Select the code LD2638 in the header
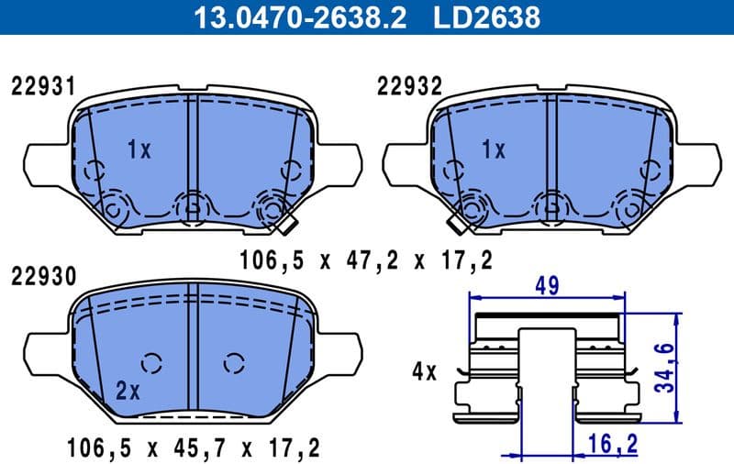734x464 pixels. pyautogui.click(x=488, y=17)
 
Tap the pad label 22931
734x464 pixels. pyautogui.click(x=42, y=87)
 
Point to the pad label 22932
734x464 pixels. pyautogui.click(x=409, y=87)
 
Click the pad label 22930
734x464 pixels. pyautogui.click(x=42, y=275)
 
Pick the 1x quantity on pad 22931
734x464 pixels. pyautogui.click(x=138, y=150)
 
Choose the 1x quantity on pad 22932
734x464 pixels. pyautogui.click(x=494, y=150)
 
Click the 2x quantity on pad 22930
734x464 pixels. pyautogui.click(x=128, y=392)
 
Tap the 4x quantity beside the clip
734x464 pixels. pyautogui.click(x=424, y=372)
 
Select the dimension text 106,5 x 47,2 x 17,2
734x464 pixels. pyautogui.click(x=365, y=260)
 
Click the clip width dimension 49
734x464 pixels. pyautogui.click(x=549, y=286)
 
